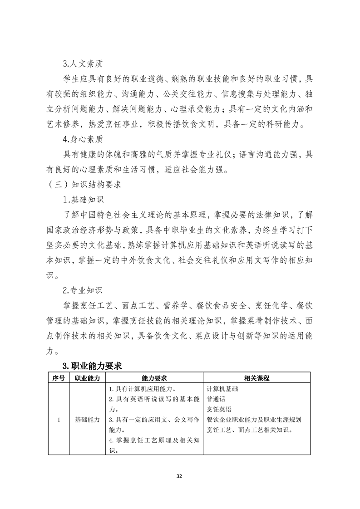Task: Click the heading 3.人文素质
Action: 83,64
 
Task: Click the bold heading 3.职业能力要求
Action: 92,366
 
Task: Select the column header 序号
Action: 58,378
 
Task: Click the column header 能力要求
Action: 154,378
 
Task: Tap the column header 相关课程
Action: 256,378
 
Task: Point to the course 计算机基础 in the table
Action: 222,389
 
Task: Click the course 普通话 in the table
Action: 216,399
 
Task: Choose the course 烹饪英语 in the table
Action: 219,410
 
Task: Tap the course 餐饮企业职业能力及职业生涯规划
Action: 254,420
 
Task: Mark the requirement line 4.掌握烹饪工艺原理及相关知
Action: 154,440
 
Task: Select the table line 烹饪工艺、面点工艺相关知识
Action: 249,430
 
